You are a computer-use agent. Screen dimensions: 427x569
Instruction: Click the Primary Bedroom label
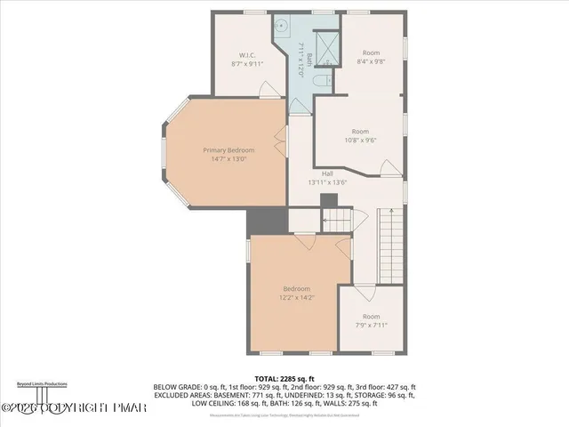click(x=228, y=149)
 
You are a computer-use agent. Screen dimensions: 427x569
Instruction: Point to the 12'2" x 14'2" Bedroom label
click(x=296, y=289)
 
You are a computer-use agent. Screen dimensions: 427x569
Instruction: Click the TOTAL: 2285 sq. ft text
click(x=284, y=380)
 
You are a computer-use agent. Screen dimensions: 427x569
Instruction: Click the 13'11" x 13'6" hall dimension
click(x=326, y=181)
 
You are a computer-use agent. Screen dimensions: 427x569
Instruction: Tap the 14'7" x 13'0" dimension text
click(x=228, y=158)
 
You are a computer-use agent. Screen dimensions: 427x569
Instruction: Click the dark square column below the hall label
click(x=326, y=197)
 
